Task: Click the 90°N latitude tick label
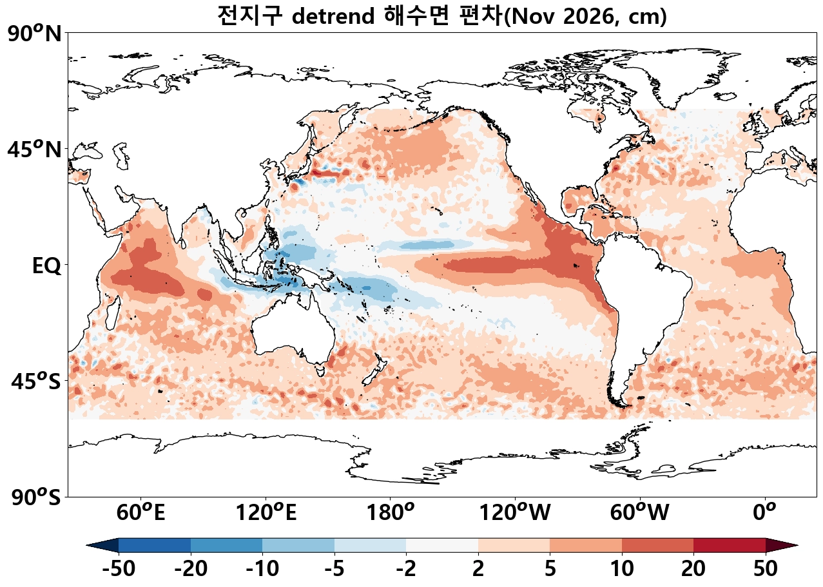35,34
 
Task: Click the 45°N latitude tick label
35,150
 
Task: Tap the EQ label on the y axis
46,265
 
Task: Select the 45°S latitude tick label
36,381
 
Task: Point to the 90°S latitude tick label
36,497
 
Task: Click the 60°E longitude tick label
140,512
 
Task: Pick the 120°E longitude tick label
266,512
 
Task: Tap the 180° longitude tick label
391,512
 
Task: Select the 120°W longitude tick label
515,512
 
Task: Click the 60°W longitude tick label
640,512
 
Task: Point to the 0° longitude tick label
764,512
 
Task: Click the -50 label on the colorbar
119,568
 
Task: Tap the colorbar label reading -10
262,568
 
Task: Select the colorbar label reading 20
693,568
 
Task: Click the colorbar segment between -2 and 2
442,546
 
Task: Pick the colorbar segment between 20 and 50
730,546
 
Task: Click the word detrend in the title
333,16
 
